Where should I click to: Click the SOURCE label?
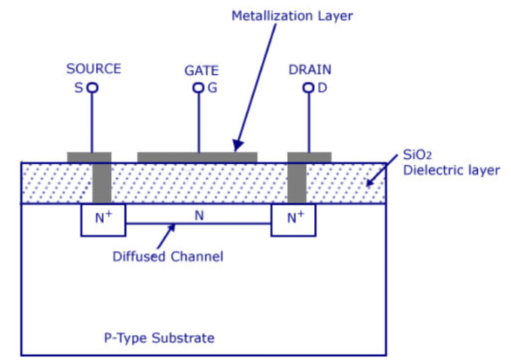(x=93, y=69)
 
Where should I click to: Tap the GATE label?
(x=201, y=71)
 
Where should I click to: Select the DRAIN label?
(x=310, y=69)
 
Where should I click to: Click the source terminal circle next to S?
(x=92, y=88)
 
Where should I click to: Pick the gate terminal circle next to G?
(x=198, y=88)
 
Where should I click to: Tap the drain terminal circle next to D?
(x=308, y=88)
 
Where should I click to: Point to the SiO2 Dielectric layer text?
(x=451, y=163)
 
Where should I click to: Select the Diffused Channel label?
(x=168, y=257)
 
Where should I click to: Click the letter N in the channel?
(x=198, y=215)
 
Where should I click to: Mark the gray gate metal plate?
(x=197, y=157)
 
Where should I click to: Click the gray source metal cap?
(x=89, y=157)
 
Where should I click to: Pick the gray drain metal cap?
(x=310, y=157)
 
